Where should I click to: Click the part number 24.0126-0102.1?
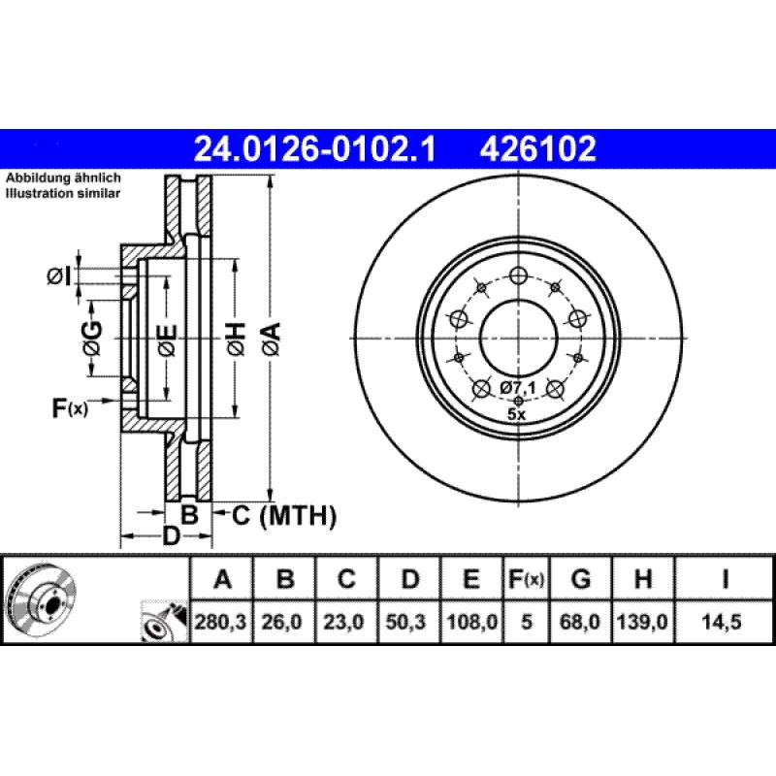click(x=316, y=149)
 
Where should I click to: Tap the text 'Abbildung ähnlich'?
click(x=63, y=179)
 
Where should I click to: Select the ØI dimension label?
click(x=59, y=277)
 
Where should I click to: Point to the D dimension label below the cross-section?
click(x=171, y=535)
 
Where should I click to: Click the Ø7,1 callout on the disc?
click(x=519, y=388)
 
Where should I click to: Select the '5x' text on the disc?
click(x=517, y=413)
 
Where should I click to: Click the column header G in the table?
click(x=581, y=580)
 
